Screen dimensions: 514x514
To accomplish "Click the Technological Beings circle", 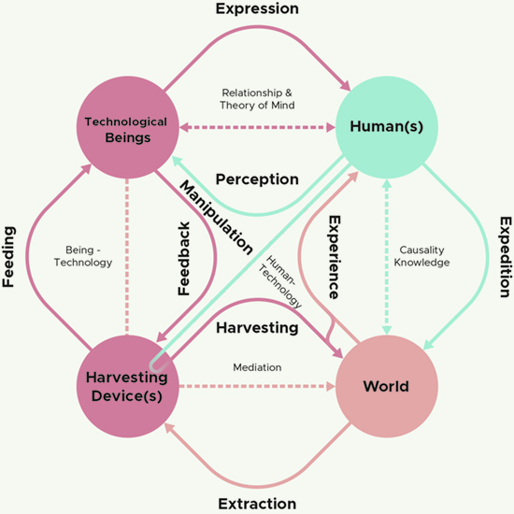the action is [127, 127].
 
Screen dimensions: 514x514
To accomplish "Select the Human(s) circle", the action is [387, 127].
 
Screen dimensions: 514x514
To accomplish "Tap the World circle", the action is [387, 387].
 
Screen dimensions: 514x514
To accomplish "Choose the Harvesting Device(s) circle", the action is [127, 387].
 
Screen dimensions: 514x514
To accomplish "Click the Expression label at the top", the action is [257, 9].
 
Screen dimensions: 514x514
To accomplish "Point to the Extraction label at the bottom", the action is [257, 504].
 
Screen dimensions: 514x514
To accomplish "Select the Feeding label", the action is [8, 257].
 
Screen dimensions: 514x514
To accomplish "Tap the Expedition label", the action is [506, 257].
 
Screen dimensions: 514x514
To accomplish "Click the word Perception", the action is [257, 179].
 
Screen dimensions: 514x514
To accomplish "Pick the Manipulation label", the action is [217, 218].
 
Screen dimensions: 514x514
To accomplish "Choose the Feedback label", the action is [184, 259].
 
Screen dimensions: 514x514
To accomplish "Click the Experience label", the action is [335, 257].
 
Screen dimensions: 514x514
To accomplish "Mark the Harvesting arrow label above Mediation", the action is [257, 328].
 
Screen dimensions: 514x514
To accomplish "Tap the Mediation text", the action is [257, 367].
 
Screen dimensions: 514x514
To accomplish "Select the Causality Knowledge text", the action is [421, 256].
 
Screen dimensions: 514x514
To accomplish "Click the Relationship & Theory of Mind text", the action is [257, 99].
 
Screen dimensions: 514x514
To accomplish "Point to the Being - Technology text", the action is [83, 256].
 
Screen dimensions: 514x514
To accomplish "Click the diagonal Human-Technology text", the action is [280, 282].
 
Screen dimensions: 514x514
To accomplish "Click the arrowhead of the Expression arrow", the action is [346, 86].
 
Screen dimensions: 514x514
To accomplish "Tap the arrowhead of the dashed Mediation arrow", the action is [331, 387].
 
